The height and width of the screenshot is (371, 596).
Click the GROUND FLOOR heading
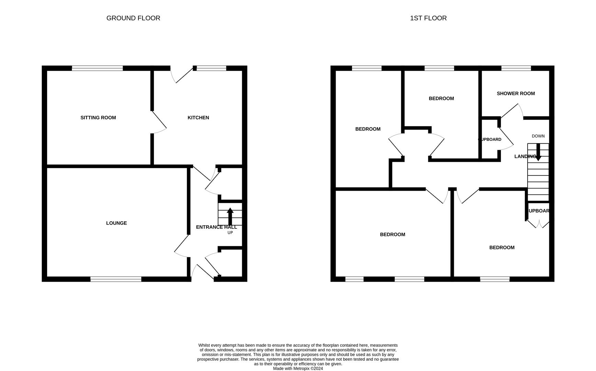coord(133,18)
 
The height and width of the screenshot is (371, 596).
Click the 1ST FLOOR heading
coord(428,18)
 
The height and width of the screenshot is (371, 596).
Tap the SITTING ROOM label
coord(98,117)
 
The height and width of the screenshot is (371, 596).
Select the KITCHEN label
coord(198,117)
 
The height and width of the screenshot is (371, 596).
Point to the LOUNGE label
coord(116,223)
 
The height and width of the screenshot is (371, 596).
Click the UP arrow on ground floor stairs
coord(230,216)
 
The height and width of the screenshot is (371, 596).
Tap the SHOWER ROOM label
coord(516,93)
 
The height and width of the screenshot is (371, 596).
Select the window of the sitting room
coord(97,68)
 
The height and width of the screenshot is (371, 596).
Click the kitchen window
coord(211,68)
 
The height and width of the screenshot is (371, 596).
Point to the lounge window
coord(116,279)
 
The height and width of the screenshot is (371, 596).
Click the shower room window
coord(516,68)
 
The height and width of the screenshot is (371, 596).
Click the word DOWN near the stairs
coord(538,136)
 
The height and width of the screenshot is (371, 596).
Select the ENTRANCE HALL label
coord(216,227)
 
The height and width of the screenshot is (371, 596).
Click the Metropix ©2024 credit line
coord(298,369)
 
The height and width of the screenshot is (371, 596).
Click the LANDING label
coord(525,156)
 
